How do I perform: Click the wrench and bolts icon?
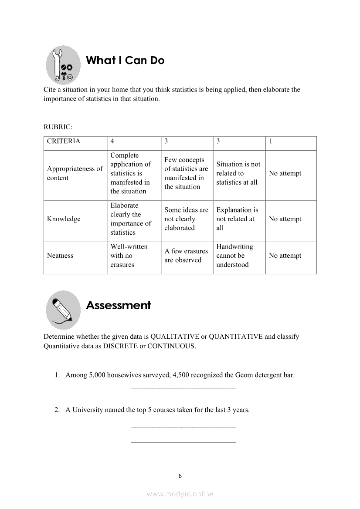[x=63, y=65]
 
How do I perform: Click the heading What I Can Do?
[x=125, y=61]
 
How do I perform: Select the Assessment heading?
[x=118, y=305]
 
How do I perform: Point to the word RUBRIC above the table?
[x=58, y=127]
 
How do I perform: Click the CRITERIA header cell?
[x=64, y=141]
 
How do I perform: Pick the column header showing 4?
[x=112, y=141]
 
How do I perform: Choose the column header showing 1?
[x=271, y=141]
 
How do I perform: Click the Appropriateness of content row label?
[x=75, y=173]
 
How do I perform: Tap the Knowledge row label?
[x=64, y=219]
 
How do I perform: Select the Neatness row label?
[x=60, y=256]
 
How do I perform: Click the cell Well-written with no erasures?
[x=129, y=256]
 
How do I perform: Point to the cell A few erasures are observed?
[x=186, y=256]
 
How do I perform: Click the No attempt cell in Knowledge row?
[x=285, y=219]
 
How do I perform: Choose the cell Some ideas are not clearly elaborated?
[x=186, y=219]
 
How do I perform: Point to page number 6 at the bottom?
[x=180, y=476]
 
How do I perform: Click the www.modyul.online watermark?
[x=180, y=494]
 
